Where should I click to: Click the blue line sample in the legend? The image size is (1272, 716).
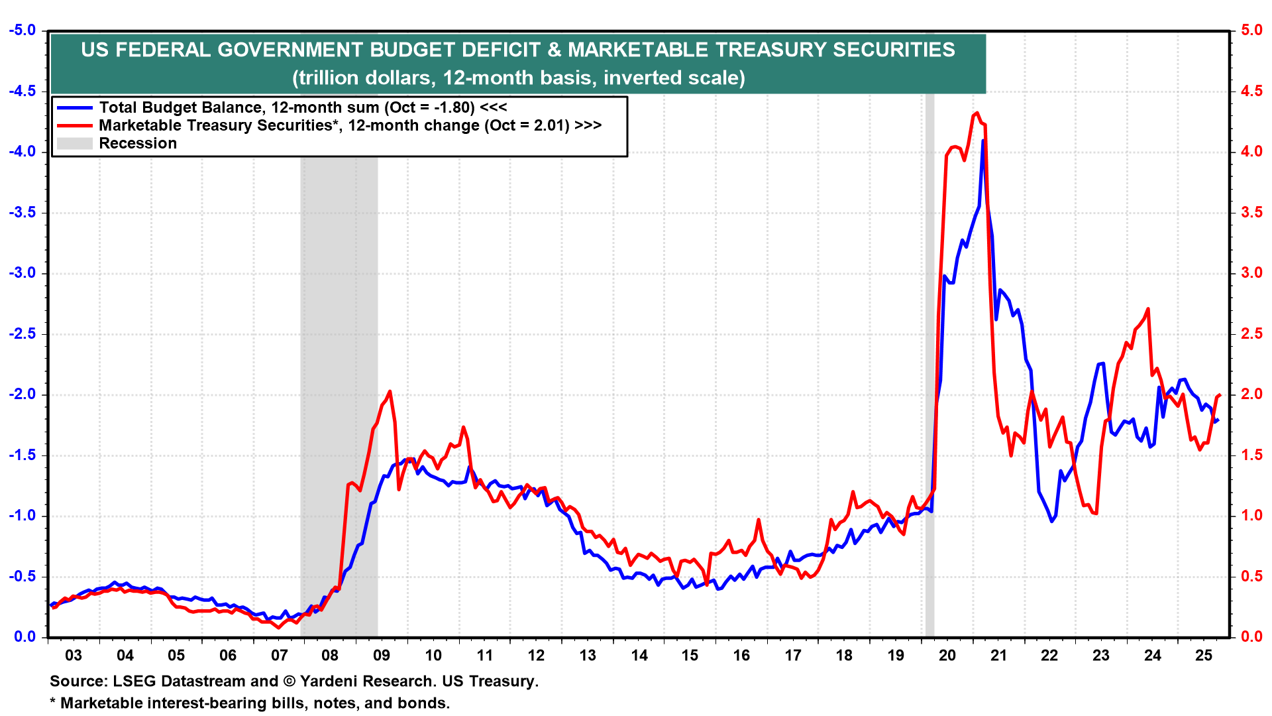pyautogui.click(x=74, y=107)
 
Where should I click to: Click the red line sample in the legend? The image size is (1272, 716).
pyautogui.click(x=74, y=125)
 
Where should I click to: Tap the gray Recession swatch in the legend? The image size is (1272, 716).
pyautogui.click(x=74, y=143)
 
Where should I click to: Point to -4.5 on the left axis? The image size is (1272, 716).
pyautogui.click(x=22, y=91)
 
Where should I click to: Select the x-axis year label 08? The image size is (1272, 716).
pyautogui.click(x=330, y=656)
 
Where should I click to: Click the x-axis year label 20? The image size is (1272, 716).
pyautogui.click(x=947, y=656)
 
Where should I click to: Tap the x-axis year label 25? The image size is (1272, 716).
pyautogui.click(x=1203, y=656)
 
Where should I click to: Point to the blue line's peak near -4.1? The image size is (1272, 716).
pyautogui.click(x=983, y=141)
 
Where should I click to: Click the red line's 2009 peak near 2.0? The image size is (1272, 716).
pyautogui.click(x=390, y=391)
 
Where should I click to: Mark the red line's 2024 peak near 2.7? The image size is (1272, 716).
pyautogui.click(x=1147, y=309)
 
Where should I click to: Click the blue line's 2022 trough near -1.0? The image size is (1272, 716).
pyautogui.click(x=1051, y=521)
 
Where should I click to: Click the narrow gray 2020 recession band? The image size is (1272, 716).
pyautogui.click(x=929, y=398)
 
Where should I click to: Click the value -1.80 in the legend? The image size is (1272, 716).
pyautogui.click(x=454, y=107)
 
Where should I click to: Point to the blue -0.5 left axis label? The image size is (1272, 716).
pyautogui.click(x=22, y=576)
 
